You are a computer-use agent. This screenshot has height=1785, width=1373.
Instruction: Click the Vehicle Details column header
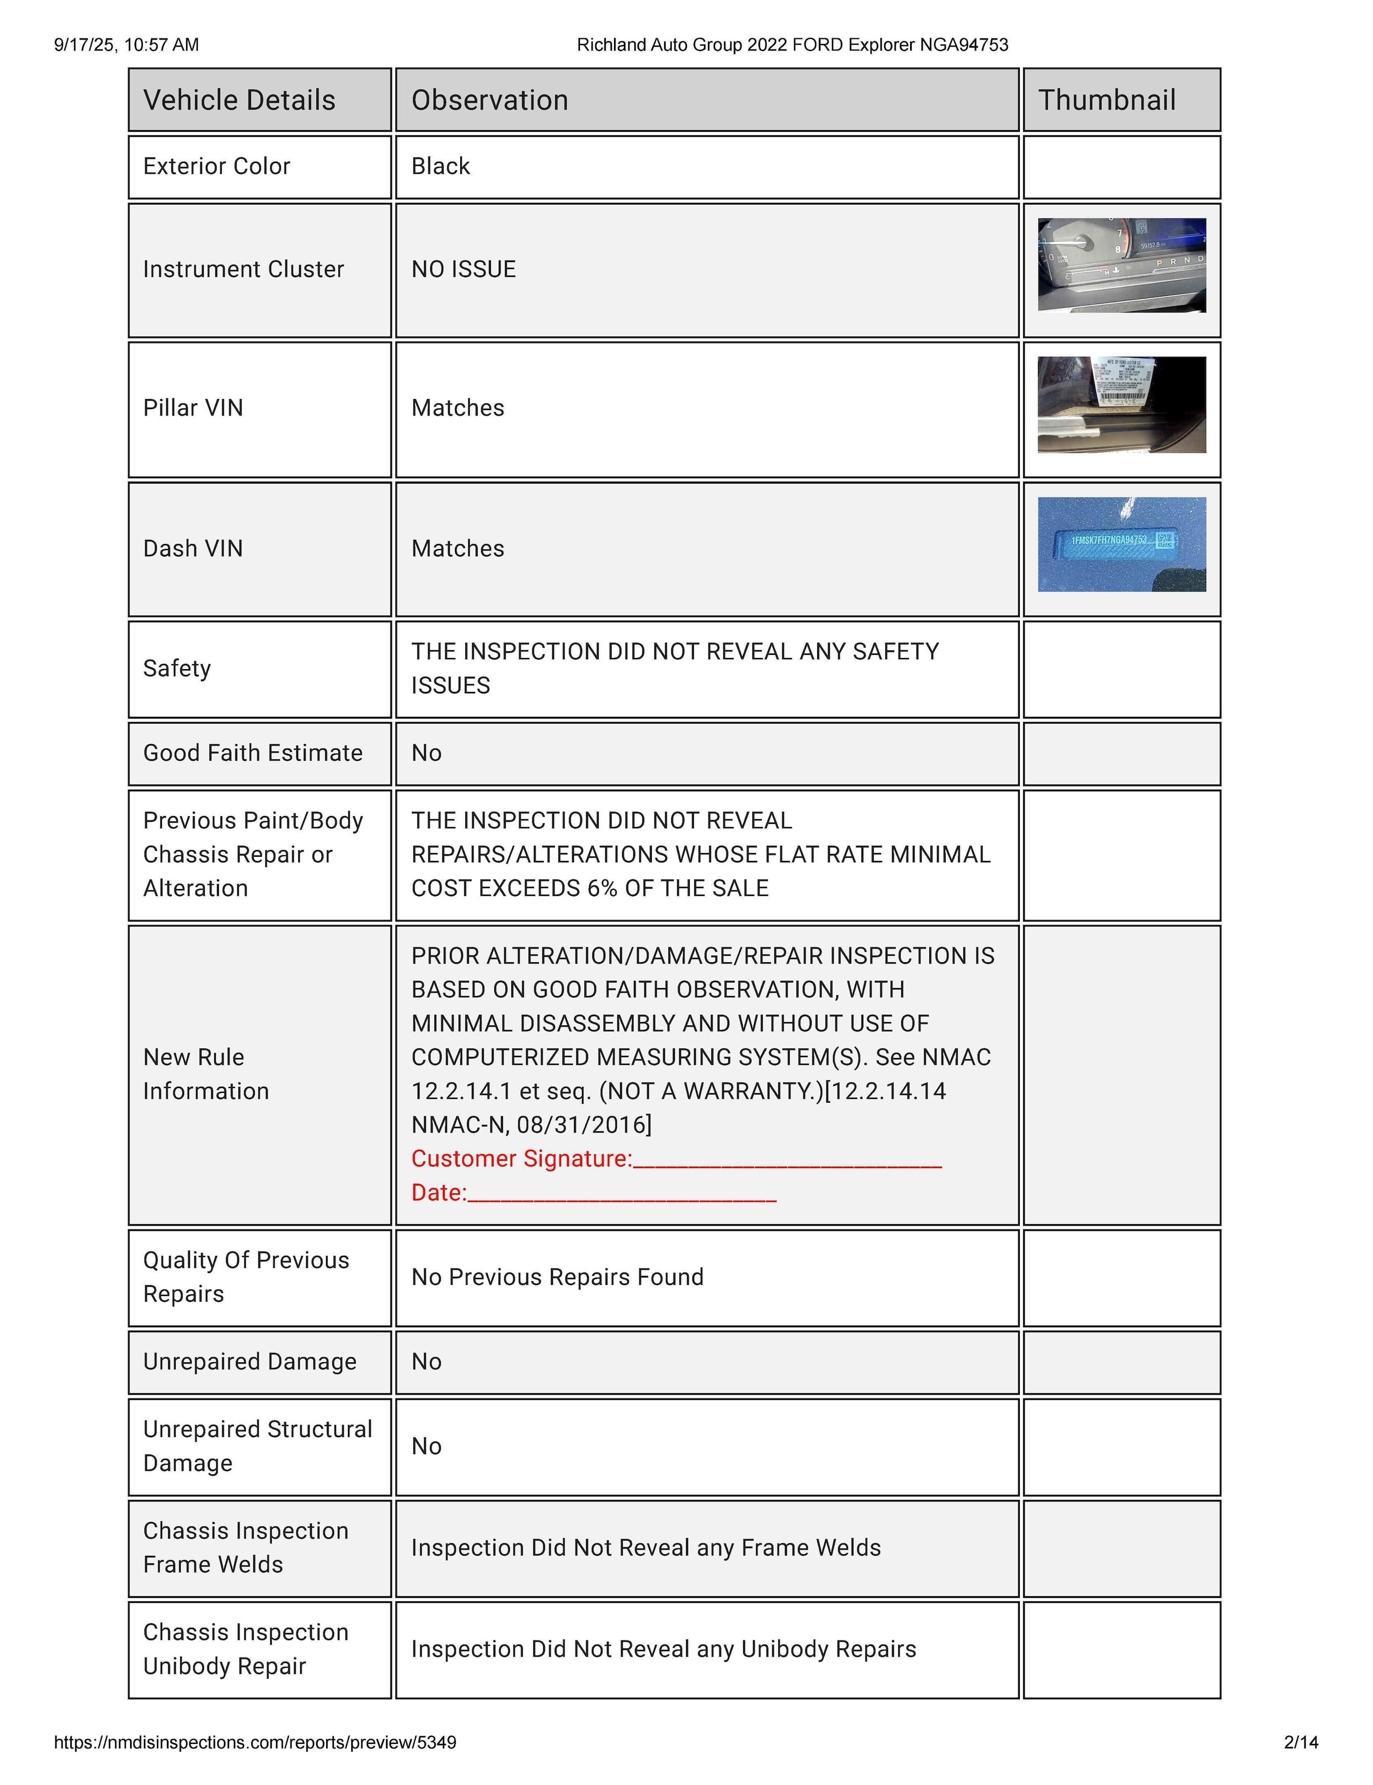click(x=239, y=100)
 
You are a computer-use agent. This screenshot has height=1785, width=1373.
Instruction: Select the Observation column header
click(x=489, y=100)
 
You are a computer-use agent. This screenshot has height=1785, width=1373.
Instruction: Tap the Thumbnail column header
click(x=1107, y=100)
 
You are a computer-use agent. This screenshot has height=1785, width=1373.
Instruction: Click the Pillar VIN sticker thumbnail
click(x=1121, y=405)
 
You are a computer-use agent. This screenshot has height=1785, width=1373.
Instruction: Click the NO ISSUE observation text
click(x=464, y=269)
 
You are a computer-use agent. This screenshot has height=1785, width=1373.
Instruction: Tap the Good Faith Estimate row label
click(x=253, y=753)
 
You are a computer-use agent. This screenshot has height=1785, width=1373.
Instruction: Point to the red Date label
click(x=438, y=1193)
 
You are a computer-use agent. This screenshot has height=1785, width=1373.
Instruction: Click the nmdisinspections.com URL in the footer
click(x=255, y=1743)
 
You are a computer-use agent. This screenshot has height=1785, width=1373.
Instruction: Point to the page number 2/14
click(x=1301, y=1743)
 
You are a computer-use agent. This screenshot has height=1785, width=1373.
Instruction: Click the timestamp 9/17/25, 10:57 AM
click(x=127, y=45)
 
